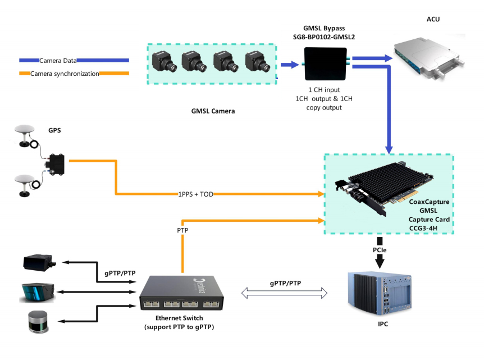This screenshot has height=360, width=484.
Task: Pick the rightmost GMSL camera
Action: pos(258,62)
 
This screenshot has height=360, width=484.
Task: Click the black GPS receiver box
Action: pos(56,163)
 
